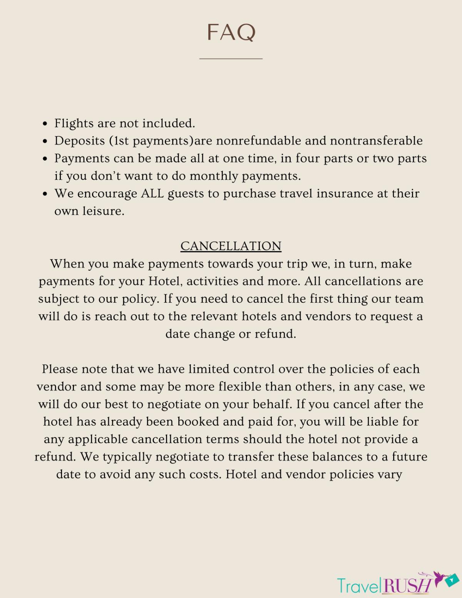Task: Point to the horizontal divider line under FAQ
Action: coord(231,59)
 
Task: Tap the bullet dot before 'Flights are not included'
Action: coord(45,124)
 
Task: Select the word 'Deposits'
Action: coord(80,141)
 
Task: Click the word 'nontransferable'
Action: coord(376,141)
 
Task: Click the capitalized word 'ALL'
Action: coord(152,193)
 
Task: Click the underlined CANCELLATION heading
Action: coord(231,246)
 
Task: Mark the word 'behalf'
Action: coord(269,404)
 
